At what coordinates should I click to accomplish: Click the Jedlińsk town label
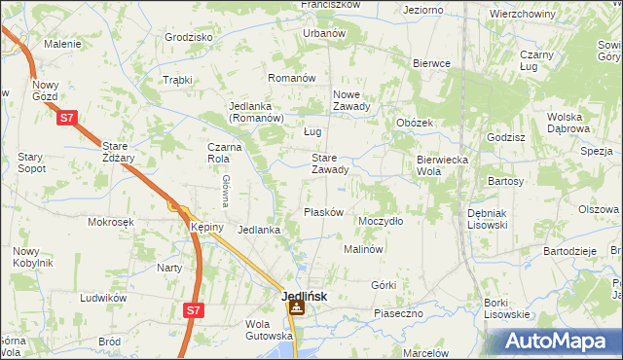tap(304, 296)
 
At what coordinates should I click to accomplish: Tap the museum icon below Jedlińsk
tap(295, 309)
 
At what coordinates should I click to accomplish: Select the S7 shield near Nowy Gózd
tap(66, 119)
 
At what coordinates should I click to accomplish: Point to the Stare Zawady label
tap(330, 163)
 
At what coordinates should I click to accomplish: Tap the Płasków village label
tap(323, 212)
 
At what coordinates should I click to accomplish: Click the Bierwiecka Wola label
tap(443, 164)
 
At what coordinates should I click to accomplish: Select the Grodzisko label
tap(189, 37)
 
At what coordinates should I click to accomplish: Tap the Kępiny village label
tap(207, 227)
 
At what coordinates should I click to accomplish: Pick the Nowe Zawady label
tap(351, 101)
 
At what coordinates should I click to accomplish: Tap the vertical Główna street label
tap(225, 191)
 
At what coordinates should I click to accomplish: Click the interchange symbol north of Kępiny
tap(174, 206)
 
